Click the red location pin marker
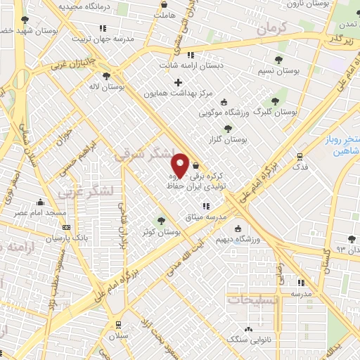180,164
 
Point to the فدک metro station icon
300,157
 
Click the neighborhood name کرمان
273,30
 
